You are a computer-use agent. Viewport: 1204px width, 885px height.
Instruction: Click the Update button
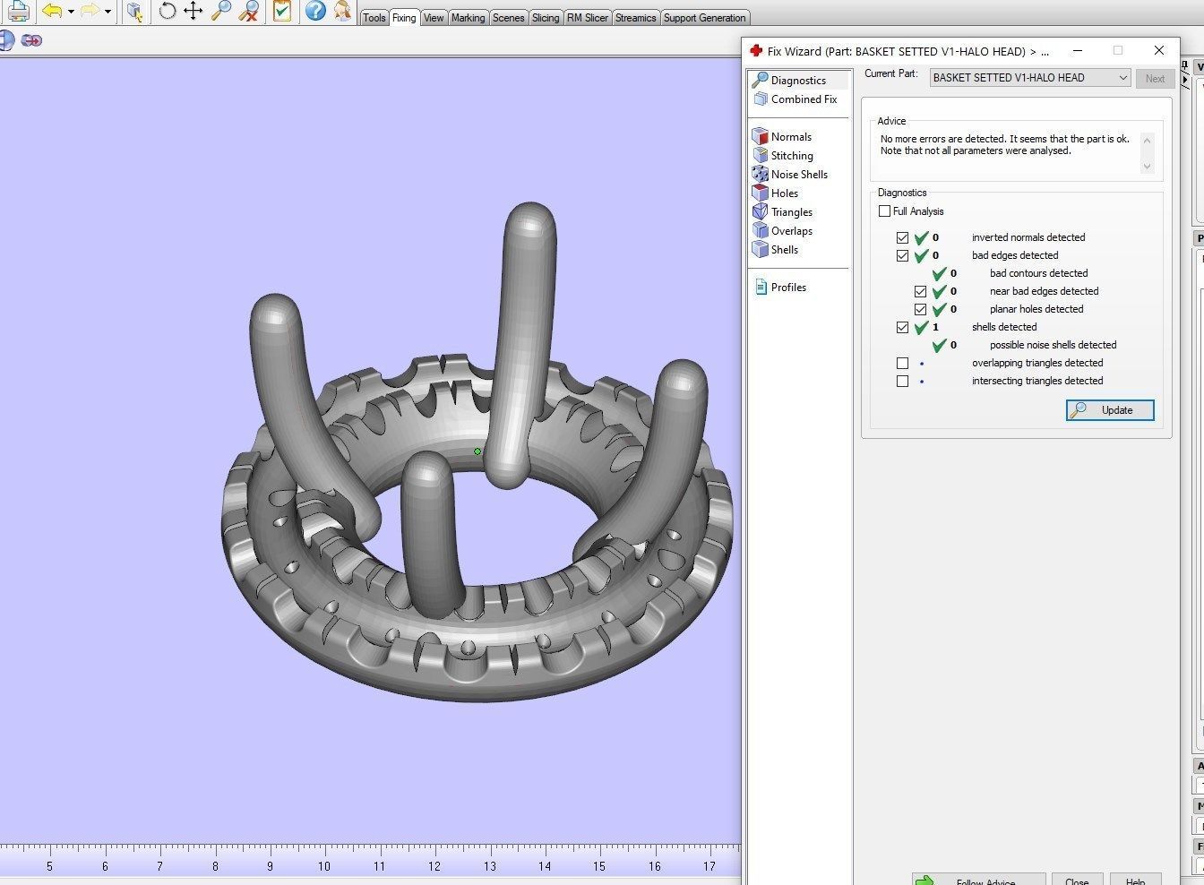1110,410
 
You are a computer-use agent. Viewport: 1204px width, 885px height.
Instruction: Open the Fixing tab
404,18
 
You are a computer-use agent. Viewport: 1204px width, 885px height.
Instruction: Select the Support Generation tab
704,18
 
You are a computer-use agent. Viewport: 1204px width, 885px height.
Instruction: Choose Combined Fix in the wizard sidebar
804,99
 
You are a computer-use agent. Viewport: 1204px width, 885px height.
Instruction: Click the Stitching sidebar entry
791,156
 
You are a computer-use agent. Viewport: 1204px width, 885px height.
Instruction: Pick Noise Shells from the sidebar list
798,175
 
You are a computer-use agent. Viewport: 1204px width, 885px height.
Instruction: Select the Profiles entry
787,288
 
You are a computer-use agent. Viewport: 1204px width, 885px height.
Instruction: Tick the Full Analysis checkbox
885,211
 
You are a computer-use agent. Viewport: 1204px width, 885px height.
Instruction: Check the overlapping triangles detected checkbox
902,363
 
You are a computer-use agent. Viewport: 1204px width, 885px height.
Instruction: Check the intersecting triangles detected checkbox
902,381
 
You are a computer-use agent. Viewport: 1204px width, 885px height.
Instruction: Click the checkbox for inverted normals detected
902,237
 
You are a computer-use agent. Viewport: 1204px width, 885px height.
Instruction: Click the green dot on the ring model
477,451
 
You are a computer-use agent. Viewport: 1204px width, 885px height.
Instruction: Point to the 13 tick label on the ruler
489,866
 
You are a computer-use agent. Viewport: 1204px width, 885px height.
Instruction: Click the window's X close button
1158,50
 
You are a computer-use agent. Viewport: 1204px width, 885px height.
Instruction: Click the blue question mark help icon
314,11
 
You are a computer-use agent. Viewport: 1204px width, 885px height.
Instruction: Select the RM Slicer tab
587,18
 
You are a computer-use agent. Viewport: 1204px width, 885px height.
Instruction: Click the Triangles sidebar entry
791,212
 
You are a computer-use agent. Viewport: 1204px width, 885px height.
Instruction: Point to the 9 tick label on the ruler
270,866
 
